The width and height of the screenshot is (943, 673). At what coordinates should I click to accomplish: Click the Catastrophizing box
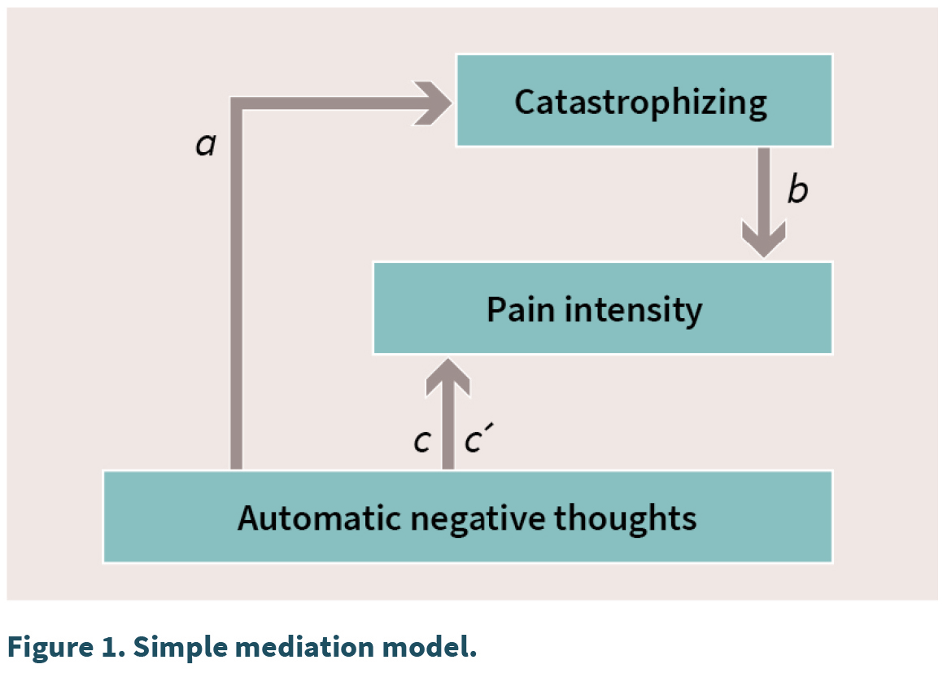pos(644,100)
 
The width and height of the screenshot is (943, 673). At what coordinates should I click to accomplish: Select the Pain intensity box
pos(603,308)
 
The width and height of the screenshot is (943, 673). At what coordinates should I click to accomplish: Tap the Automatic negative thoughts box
pos(468,517)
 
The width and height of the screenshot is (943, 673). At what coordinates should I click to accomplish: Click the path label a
pos(206,144)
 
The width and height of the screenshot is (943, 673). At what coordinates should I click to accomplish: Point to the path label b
pos(798,189)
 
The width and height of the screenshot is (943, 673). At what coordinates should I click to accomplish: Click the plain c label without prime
pos(422,441)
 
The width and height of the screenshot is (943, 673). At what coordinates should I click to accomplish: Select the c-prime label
pos(478,438)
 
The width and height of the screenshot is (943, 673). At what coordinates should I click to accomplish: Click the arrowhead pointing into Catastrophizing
pos(432,103)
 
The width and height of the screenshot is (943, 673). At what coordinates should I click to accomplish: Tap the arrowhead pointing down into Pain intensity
pos(764,238)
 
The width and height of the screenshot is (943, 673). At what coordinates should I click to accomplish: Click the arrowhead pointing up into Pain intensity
pos(448,377)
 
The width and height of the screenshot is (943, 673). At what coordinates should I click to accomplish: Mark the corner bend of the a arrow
pos(236,103)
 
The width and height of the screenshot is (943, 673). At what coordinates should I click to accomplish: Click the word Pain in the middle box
pos(520,309)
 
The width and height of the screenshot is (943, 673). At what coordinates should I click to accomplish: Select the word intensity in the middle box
pos(633,311)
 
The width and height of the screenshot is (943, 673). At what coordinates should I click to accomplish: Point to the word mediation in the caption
pos(304,646)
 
